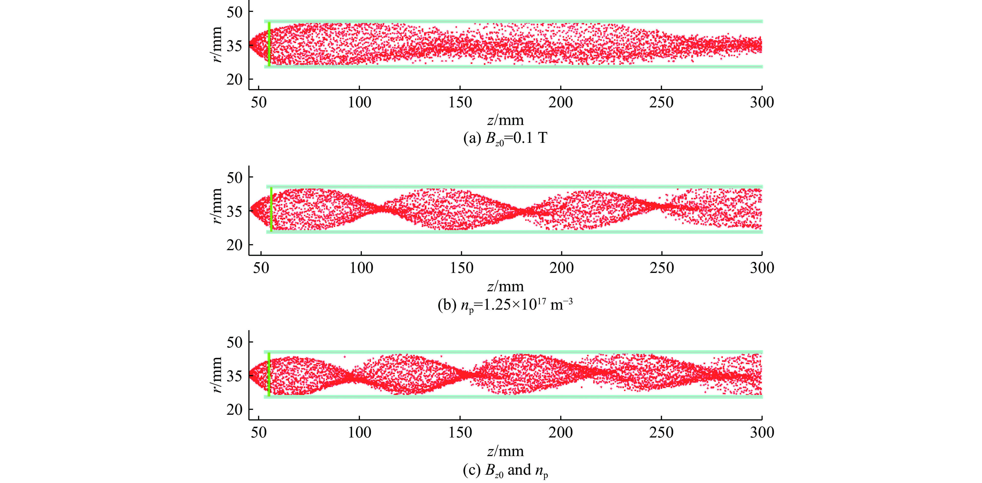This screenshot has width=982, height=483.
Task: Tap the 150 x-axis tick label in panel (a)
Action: (x=460, y=102)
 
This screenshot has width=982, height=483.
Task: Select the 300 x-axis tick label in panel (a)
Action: (x=762, y=102)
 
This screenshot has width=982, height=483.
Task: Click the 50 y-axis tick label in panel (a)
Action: (x=234, y=12)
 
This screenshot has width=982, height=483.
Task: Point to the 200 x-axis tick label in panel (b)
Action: (x=561, y=268)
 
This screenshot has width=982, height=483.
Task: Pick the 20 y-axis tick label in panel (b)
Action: (x=234, y=245)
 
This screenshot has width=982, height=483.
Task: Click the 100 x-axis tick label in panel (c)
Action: (x=359, y=433)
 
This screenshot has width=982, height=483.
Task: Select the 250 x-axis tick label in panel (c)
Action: (x=661, y=433)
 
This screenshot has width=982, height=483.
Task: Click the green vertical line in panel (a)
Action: (x=269, y=44)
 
